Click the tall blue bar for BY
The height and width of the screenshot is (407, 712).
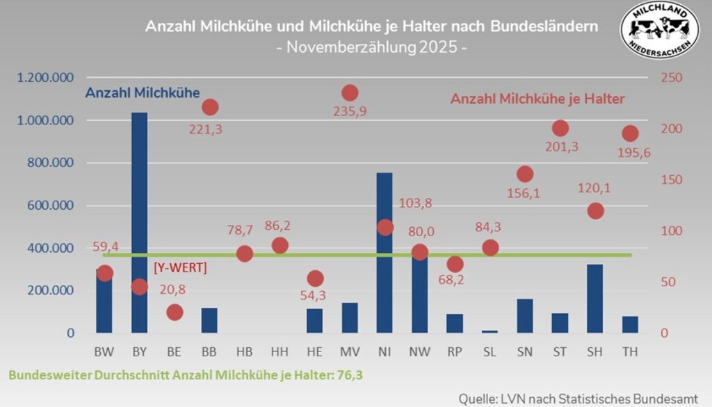pyautogui.click(x=139, y=222)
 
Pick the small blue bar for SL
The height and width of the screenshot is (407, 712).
pyautogui.click(x=489, y=331)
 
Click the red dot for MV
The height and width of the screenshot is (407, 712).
pyautogui.click(x=350, y=92)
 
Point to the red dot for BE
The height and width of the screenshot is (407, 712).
pyautogui.click(x=175, y=312)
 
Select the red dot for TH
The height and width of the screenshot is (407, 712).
pyautogui.click(x=630, y=133)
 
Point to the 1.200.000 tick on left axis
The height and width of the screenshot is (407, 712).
pyautogui.click(x=47, y=78)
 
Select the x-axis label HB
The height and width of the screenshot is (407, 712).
pyautogui.click(x=244, y=352)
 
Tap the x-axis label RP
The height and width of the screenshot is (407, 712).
pyautogui.click(x=455, y=352)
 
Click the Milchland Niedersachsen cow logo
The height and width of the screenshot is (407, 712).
pyautogui.click(x=658, y=28)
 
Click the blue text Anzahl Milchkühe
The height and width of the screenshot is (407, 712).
pyautogui.click(x=142, y=92)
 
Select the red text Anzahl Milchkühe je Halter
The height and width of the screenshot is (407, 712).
pyautogui.click(x=537, y=99)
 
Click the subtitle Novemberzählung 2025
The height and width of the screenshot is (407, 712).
pyautogui.click(x=371, y=48)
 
